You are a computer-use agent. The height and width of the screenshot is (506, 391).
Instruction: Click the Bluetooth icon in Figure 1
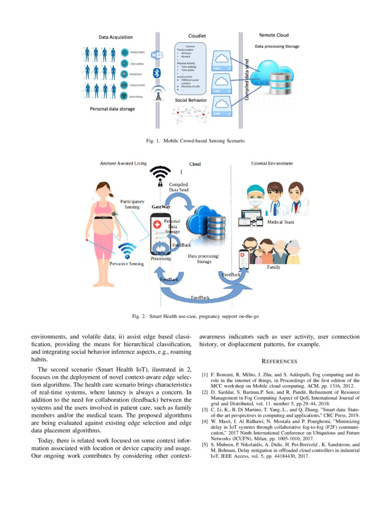(157, 73)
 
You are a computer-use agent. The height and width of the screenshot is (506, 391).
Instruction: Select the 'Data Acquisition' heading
(115, 37)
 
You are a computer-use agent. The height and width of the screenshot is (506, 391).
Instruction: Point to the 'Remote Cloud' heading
(274, 35)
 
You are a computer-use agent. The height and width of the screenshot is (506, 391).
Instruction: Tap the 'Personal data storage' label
(112, 109)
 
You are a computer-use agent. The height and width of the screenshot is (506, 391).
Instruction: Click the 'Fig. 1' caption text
(195, 140)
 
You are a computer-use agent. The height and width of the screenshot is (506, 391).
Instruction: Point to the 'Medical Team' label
(281, 222)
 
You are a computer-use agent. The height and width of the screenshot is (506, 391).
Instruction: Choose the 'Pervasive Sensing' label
(126, 264)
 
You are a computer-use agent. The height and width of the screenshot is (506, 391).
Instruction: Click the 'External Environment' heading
(272, 163)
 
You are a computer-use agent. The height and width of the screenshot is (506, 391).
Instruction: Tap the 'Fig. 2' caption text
(195, 316)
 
